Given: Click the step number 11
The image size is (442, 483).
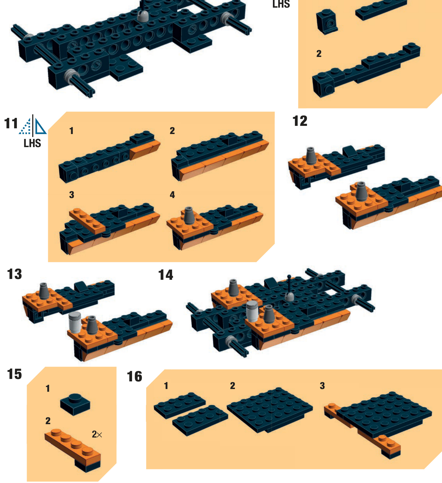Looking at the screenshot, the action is click(x=11, y=123).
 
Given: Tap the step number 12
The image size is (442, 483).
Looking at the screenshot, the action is click(x=300, y=121).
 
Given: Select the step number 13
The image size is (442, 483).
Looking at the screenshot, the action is click(x=14, y=274).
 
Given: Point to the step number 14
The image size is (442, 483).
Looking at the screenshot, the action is click(x=166, y=275).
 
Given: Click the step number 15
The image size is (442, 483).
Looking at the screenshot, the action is click(x=14, y=374).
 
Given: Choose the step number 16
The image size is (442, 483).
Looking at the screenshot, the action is click(x=135, y=376).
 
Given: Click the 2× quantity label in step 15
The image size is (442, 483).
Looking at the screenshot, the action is click(x=97, y=434).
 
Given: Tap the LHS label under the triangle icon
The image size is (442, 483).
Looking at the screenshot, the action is click(x=32, y=143).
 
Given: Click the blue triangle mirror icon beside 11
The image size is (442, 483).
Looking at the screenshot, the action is click(x=33, y=126).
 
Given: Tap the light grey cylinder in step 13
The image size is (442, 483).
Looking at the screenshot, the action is click(x=75, y=323).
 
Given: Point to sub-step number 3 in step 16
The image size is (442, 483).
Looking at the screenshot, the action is click(x=322, y=386).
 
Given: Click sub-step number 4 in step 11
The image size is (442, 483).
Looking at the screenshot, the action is click(x=172, y=195).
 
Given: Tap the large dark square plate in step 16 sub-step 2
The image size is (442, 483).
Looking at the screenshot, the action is click(x=270, y=410).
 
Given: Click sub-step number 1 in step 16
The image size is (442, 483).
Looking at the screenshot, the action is click(x=166, y=386).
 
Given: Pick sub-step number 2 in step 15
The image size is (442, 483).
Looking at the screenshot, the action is click(x=48, y=421).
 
